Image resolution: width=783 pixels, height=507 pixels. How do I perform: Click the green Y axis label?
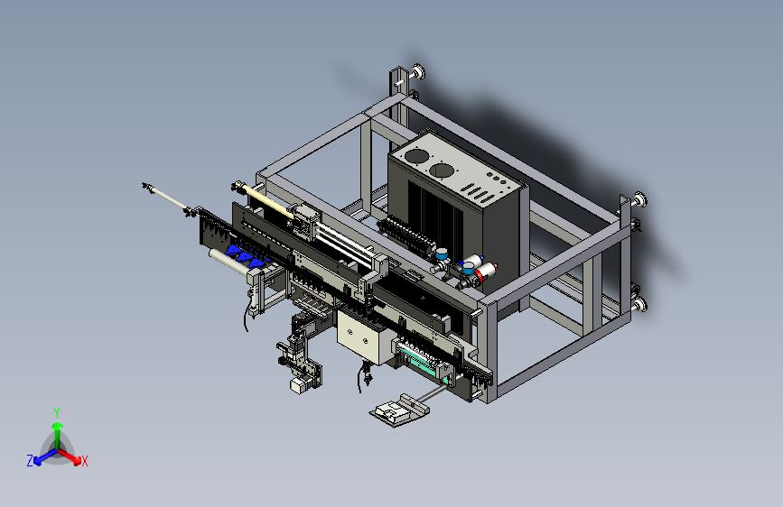coord(57,412)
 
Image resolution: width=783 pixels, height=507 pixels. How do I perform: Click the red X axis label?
coord(84,461)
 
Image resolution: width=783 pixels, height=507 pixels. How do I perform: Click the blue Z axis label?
coord(30,461)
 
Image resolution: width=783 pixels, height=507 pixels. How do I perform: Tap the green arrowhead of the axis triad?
coord(58,426)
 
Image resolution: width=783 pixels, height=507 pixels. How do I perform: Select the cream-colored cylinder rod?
coord(266,201)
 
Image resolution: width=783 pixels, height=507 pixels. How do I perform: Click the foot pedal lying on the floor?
coord(399,410)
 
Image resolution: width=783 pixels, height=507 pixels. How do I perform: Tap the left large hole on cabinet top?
coord(416,156)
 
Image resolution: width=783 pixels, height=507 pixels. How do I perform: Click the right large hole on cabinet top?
coord(442,171)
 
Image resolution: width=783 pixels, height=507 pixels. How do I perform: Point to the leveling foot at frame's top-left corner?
coord(418,72)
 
